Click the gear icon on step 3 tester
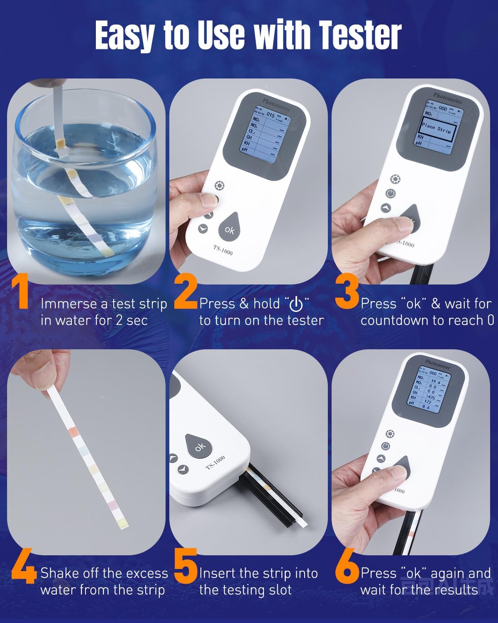tap(395, 179)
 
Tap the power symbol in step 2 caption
tap(296, 304)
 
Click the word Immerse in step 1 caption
tap(69, 304)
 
